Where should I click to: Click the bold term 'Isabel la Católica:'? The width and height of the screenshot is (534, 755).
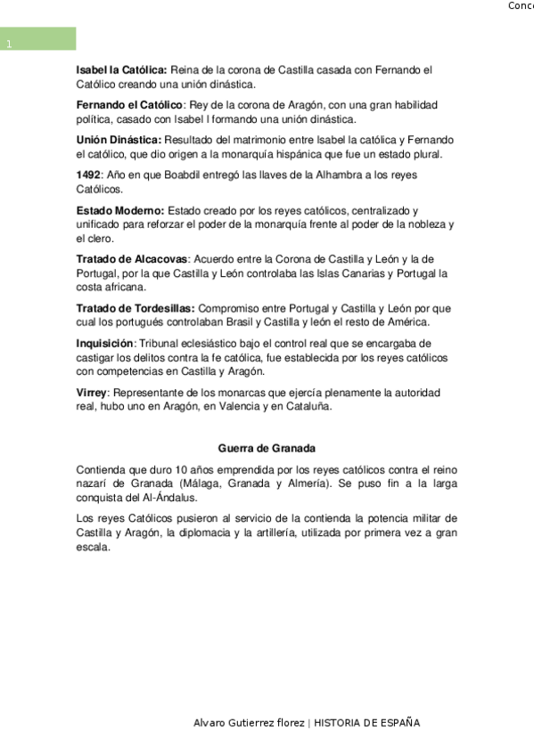pos(121,69)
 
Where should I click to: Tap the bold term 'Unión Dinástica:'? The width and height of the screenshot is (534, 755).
pos(119,140)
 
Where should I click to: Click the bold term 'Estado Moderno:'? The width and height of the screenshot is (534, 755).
pos(120,210)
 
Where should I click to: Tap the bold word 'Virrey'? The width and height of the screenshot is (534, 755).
pos(92,392)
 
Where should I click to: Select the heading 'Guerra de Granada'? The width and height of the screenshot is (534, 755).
pos(267,448)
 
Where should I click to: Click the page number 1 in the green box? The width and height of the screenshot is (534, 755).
pos(8,45)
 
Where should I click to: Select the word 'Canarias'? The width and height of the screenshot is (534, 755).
pos(374,272)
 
